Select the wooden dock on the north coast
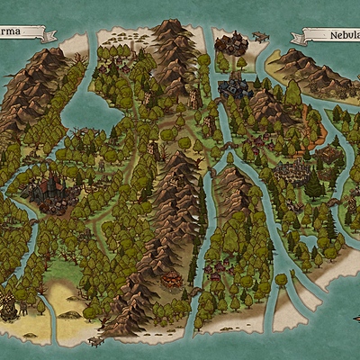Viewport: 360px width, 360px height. point(260,37)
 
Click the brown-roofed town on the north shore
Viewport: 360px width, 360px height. point(233,42)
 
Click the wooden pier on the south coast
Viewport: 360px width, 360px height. point(95,341)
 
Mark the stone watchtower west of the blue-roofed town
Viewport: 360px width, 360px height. point(194,95)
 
